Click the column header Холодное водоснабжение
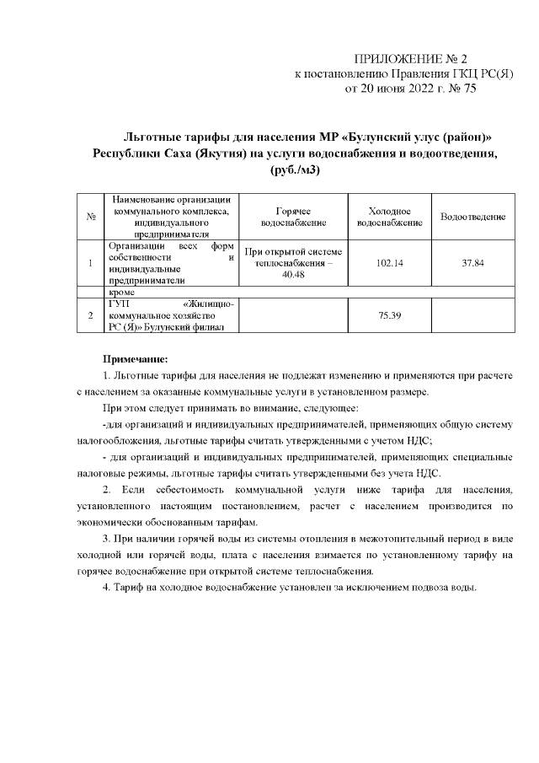(x=389, y=218)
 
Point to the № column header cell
(x=89, y=218)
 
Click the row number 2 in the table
(x=89, y=315)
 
